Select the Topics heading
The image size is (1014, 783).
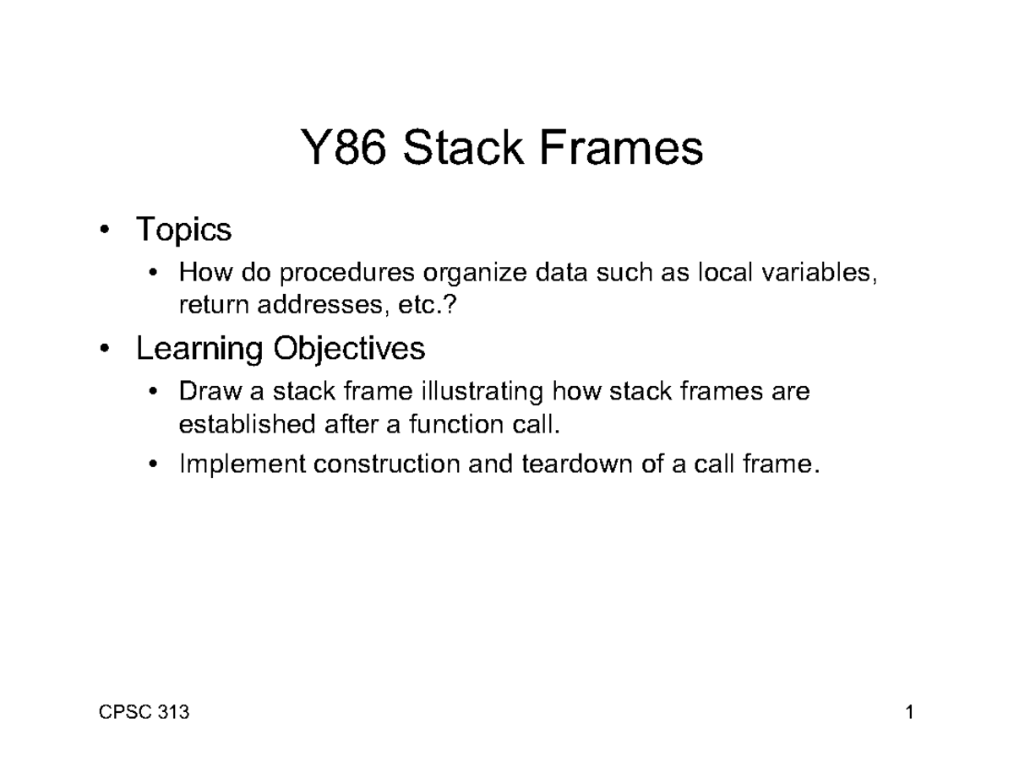coord(183,229)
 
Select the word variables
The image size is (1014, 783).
coord(817,273)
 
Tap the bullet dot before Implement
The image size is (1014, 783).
coord(152,465)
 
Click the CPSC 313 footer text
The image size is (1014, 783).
coord(143,713)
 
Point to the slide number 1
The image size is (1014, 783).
coord(910,713)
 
